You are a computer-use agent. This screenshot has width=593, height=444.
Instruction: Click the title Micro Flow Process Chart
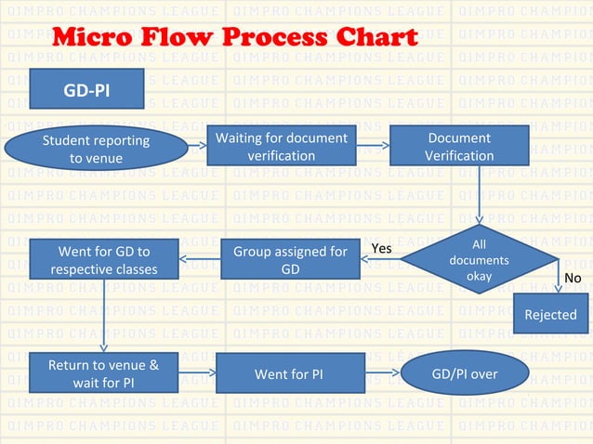[235, 38]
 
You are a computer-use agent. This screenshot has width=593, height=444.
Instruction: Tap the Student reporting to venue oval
[96, 149]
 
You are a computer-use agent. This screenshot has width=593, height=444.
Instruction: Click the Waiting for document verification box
[281, 147]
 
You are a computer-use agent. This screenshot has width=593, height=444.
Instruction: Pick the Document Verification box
[459, 147]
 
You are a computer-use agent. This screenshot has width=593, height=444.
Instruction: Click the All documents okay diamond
[479, 260]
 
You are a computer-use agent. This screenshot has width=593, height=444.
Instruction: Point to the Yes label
[381, 248]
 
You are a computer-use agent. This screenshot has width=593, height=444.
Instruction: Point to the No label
[573, 278]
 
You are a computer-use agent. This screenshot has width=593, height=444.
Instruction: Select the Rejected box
[550, 314]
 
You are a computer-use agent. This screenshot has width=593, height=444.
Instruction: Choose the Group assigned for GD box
[290, 260]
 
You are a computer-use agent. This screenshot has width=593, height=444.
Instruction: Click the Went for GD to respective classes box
[104, 260]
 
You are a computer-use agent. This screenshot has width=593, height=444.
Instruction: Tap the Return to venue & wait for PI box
[104, 373]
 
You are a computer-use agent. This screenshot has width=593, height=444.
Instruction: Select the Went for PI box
[289, 373]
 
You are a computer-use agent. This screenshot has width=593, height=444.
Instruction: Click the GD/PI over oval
[465, 373]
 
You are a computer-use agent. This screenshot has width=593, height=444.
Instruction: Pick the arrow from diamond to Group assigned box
[381, 260]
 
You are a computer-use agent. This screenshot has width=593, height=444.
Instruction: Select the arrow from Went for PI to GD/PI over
[381, 372]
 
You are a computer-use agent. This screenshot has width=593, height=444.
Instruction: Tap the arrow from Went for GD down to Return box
[104, 316]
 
